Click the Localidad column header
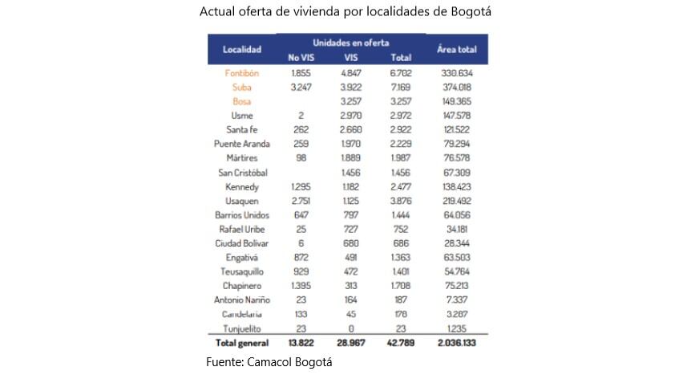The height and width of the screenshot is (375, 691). pos(242,50)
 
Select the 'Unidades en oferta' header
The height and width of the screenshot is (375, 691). pos(351,41)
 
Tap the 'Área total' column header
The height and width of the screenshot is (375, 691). pos(457,50)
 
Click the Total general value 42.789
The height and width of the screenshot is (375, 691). pos(401,344)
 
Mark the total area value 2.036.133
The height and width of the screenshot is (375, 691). pos(457,344)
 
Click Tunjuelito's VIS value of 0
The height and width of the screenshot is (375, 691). pos(351,328)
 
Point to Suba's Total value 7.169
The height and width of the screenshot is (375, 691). pos(401,88)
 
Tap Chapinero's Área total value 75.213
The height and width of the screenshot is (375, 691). pos(457,287)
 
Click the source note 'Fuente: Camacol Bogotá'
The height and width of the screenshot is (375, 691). pos(269,362)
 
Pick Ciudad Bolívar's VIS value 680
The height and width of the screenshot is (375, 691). pos(351,244)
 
